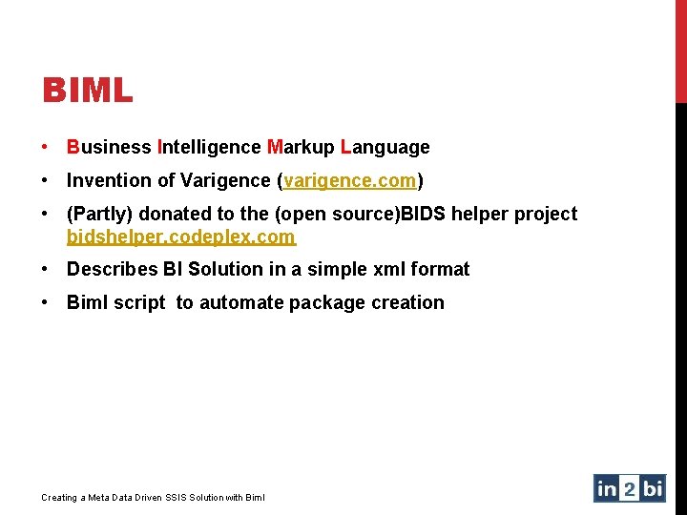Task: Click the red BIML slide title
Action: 87,92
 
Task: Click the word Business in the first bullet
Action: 109,147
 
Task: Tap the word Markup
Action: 301,147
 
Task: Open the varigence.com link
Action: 350,180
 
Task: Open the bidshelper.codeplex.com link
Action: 181,236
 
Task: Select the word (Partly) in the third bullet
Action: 99,214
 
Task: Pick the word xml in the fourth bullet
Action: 388,269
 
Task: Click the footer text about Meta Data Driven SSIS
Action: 154,497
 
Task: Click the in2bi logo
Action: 629,488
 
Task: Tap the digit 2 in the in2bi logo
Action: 630,488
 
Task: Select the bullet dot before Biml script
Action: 46,302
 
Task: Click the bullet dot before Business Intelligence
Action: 46,147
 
